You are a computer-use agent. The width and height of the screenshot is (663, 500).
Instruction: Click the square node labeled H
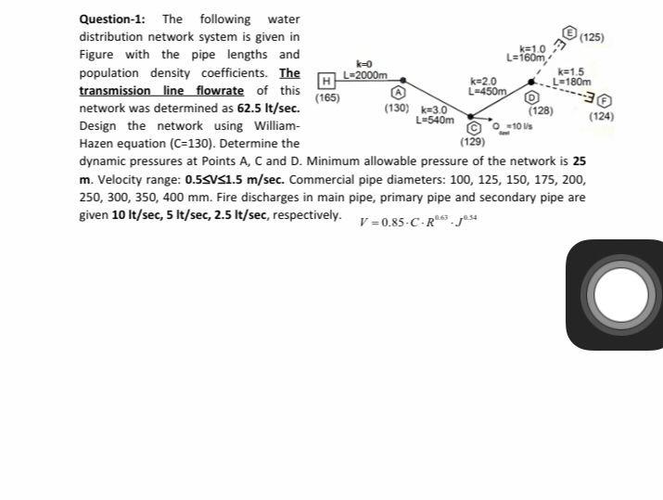click(x=325, y=83)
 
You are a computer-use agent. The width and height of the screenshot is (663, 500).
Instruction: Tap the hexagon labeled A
click(x=399, y=93)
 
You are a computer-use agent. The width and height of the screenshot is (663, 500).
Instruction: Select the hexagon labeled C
click(x=473, y=128)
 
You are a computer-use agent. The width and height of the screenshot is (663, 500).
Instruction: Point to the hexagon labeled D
click(x=532, y=96)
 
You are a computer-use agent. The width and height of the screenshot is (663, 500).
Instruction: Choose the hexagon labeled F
click(x=605, y=100)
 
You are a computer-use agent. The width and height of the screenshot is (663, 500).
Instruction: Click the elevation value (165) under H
click(x=327, y=97)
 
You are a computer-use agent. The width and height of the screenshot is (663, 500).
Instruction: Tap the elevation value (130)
click(x=396, y=109)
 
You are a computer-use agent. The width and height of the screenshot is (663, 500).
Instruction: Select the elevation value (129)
click(x=472, y=142)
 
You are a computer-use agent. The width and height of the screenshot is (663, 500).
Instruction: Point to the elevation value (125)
click(x=592, y=38)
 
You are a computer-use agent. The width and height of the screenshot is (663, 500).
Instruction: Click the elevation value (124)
click(x=601, y=116)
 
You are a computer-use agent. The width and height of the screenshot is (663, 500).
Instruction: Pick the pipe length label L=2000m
click(x=364, y=74)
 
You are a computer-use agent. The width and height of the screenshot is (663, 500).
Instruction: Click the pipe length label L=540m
click(x=435, y=120)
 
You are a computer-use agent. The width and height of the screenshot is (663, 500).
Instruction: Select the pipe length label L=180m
click(x=571, y=82)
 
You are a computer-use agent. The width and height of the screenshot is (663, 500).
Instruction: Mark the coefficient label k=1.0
click(x=534, y=48)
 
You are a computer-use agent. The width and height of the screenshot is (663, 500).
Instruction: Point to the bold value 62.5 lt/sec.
click(x=269, y=109)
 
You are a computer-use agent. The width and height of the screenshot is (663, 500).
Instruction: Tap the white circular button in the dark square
click(x=621, y=296)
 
